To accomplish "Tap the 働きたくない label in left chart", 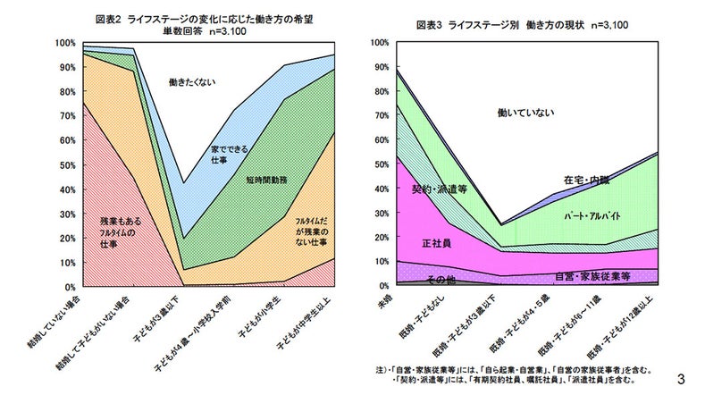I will click(x=193, y=82).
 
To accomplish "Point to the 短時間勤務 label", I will click(x=265, y=180).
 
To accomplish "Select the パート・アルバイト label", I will click(x=593, y=216).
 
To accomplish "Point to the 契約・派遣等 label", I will click(x=439, y=189).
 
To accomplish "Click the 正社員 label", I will click(x=435, y=242).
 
